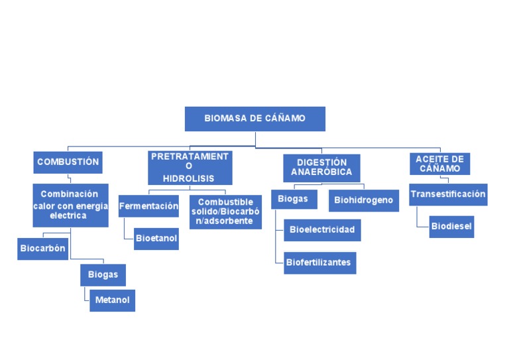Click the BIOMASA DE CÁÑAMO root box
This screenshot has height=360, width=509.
254,119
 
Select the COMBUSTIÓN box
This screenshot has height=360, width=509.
68,162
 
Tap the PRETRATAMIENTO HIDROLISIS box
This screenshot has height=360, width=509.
190,168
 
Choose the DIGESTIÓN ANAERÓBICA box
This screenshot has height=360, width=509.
321,168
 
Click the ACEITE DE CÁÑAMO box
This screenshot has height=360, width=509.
439,164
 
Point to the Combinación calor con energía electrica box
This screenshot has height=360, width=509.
70,205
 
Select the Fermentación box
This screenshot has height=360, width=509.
148,206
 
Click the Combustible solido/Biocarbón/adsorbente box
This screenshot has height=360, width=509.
225,211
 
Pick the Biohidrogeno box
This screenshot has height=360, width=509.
363,200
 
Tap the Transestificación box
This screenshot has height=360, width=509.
447,194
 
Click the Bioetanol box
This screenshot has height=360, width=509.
156,238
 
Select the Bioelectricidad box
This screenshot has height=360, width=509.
322,230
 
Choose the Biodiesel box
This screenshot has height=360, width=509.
451,226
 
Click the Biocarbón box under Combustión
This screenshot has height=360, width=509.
42,249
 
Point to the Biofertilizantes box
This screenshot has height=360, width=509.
319,263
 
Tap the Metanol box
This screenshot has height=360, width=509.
112,300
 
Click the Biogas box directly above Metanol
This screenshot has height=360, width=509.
103,274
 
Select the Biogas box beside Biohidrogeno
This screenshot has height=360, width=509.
293,199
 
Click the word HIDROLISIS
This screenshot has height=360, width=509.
190,179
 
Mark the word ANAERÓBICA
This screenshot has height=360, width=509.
321,172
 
